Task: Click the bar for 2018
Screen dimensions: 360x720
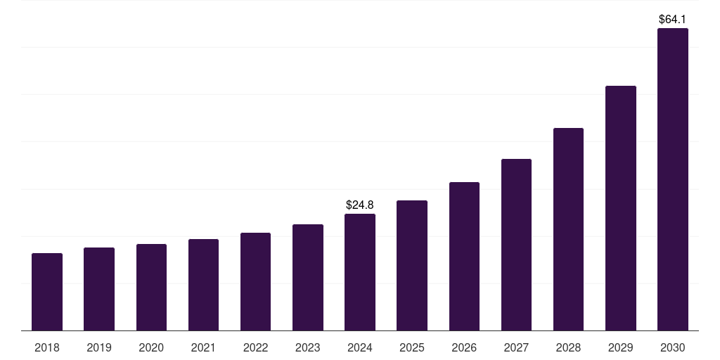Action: click(47, 292)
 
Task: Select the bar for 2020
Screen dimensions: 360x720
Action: click(151, 287)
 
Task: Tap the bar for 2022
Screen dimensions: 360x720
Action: click(255, 281)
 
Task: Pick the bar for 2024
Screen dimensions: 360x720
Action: click(360, 272)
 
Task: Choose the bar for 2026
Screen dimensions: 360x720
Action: click(464, 256)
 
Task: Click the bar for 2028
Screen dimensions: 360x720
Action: click(568, 229)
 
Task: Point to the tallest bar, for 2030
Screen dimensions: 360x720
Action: click(672, 179)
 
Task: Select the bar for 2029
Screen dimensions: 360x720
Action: click(620, 208)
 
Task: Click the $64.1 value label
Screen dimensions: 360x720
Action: click(672, 20)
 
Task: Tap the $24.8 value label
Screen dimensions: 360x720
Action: click(360, 205)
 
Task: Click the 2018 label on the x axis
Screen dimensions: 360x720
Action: click(47, 347)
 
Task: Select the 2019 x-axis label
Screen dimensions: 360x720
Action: click(99, 347)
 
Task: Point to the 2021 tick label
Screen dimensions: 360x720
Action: click(203, 347)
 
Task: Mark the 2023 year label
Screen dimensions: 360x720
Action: click(307, 347)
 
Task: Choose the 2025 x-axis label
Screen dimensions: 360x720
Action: click(412, 347)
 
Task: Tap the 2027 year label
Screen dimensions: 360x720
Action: click(516, 347)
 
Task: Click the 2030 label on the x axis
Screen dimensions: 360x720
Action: click(672, 347)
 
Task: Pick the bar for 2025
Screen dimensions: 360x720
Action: click(412, 265)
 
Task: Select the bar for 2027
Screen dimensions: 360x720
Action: click(516, 245)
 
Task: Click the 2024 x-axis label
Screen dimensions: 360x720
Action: click(360, 347)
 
